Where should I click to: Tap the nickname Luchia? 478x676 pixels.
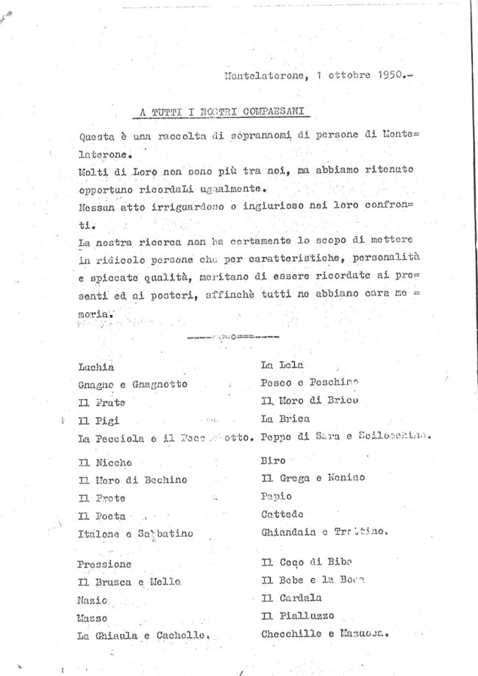point(96,366)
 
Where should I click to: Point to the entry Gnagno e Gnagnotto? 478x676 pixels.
point(132,384)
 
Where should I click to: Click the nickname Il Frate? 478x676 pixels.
point(101,402)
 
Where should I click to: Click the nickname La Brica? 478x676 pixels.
point(285,419)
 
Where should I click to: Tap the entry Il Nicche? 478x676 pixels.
point(104,463)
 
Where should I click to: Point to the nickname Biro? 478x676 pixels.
point(272,460)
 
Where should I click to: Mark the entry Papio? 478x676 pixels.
point(276,496)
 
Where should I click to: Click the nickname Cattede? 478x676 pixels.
point(282,513)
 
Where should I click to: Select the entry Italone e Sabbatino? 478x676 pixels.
point(135,533)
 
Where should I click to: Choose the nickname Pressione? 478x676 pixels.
point(104,564)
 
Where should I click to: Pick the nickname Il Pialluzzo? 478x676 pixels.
point(297,616)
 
